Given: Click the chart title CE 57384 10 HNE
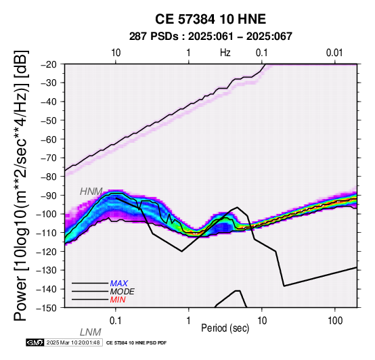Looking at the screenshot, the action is [211, 19].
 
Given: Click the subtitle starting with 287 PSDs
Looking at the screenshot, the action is [211, 37].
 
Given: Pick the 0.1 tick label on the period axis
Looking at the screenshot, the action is [116, 321].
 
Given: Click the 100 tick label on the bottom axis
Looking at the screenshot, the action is [335, 321].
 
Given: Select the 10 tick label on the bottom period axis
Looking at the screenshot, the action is [262, 321].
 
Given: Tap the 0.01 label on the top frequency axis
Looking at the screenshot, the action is [334, 53].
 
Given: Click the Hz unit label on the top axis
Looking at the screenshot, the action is [225, 53].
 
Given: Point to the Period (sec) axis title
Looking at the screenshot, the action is [225, 328].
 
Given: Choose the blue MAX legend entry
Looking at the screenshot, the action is [119, 284].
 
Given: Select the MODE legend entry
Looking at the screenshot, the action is [123, 292].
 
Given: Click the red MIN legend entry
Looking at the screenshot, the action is [118, 300].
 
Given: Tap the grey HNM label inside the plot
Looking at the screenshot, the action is [91, 192].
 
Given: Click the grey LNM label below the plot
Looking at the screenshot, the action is [91, 332].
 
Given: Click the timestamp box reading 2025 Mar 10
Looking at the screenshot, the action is [73, 343].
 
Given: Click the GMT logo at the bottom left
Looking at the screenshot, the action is [35, 343].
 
